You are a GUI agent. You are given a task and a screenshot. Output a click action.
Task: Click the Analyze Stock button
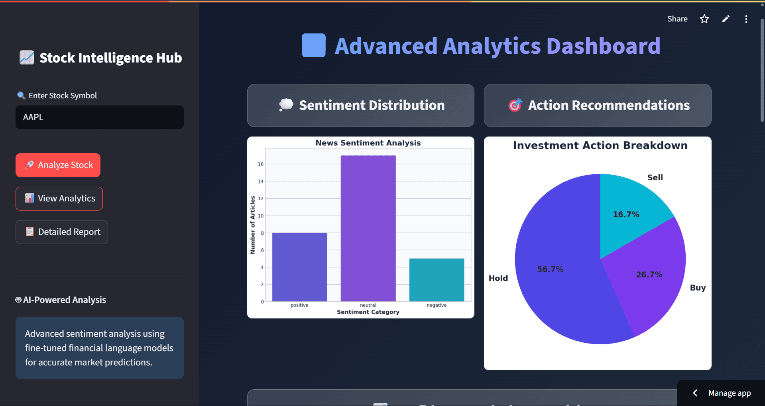[x=58, y=165]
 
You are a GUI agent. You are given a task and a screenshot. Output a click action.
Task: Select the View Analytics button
[x=59, y=199]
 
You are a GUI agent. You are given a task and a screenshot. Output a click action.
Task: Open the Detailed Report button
[x=62, y=232]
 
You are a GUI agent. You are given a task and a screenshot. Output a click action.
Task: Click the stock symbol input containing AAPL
[x=100, y=117]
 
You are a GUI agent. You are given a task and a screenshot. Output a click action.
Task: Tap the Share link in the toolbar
[x=677, y=19]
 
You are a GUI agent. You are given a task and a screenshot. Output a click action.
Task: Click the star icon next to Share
[x=704, y=19]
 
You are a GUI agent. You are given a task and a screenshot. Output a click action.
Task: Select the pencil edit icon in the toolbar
[x=726, y=19]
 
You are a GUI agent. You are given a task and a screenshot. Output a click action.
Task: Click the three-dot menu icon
[x=746, y=19]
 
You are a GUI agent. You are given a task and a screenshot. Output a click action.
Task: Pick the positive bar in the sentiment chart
[x=299, y=267]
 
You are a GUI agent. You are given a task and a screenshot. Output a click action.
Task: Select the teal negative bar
[x=437, y=280]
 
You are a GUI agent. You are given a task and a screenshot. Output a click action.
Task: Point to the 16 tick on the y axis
[x=261, y=164]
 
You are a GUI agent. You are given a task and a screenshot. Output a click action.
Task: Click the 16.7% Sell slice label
[x=626, y=215]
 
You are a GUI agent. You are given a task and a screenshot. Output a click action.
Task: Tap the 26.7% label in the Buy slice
[x=649, y=275]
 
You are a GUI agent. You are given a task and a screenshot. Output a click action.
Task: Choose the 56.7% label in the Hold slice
[x=550, y=269]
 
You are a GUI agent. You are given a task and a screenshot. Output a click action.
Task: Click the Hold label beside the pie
[x=498, y=278]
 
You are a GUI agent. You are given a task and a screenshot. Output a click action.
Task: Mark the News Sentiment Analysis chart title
[x=368, y=143]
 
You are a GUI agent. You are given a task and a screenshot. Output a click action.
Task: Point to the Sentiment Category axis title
[x=368, y=312]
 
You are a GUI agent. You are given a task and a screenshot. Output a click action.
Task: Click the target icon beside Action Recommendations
[x=515, y=105]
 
